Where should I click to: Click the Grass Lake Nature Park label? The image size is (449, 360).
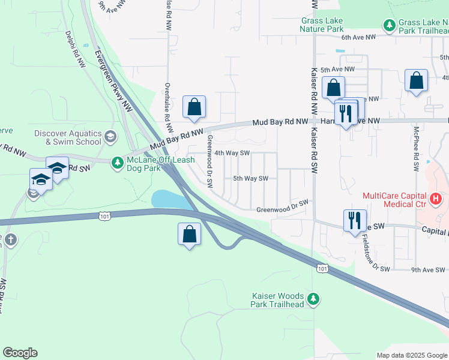322,24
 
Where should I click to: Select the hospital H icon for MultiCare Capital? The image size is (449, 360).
436,198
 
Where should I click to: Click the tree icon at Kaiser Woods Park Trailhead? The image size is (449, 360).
313,298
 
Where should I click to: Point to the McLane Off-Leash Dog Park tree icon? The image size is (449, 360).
118,162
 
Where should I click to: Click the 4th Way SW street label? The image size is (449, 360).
232,153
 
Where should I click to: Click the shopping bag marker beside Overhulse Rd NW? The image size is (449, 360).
194,107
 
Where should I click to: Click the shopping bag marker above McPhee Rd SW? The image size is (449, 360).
416,81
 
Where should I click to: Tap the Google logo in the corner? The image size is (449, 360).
20,353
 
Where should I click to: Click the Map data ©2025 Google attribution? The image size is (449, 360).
412,355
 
